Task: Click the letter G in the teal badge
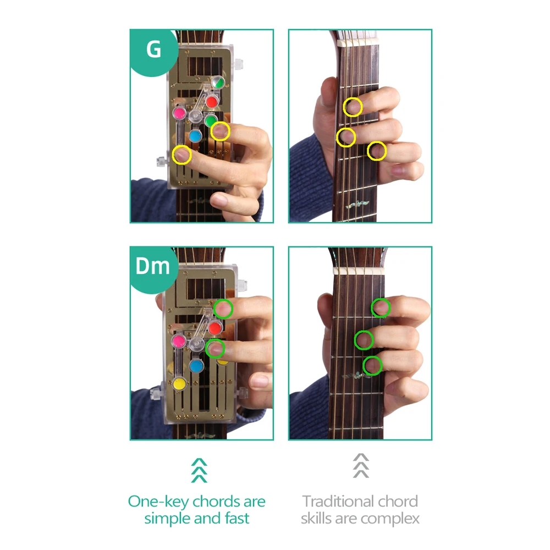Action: click(x=153, y=49)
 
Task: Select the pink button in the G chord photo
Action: click(x=179, y=113)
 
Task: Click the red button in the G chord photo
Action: click(x=212, y=102)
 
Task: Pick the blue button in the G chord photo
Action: click(x=195, y=136)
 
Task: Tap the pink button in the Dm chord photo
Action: click(x=179, y=340)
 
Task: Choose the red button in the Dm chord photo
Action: click(x=215, y=328)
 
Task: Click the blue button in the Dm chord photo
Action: click(x=196, y=366)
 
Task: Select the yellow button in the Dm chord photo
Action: click(x=180, y=383)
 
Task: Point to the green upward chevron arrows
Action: click(x=199, y=470)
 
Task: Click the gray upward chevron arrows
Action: click(x=361, y=465)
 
